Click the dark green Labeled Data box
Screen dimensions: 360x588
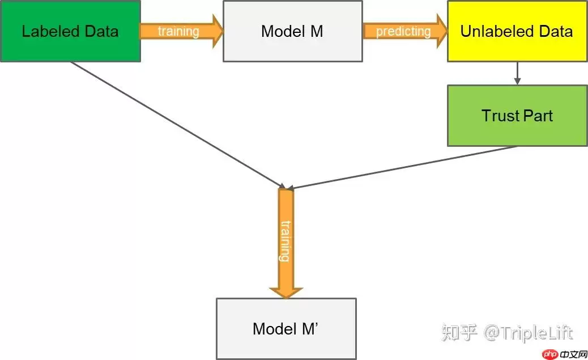coord(70,31)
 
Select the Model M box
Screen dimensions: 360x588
coord(292,31)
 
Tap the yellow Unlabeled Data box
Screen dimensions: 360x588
coord(517,31)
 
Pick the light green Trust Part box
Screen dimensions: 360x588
coord(517,116)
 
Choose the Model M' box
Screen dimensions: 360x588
coord(286,328)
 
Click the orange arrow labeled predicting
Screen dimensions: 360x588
coord(404,31)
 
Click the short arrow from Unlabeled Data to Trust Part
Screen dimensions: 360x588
coord(517,73)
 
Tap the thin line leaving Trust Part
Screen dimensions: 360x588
coord(402,168)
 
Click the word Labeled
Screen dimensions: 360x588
coord(45,31)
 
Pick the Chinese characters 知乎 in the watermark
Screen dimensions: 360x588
coord(459,333)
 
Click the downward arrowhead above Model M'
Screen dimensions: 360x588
coord(286,291)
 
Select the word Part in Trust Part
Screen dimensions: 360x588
coord(536,116)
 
